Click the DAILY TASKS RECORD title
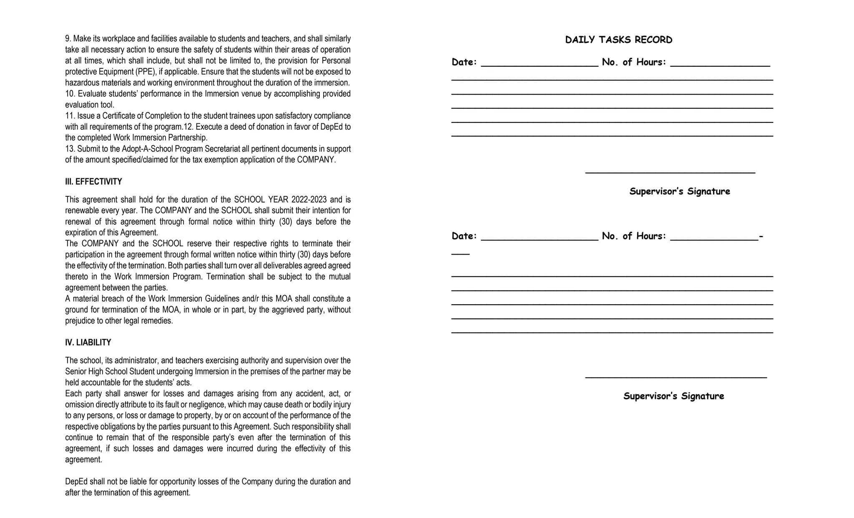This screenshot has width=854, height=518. [x=618, y=40]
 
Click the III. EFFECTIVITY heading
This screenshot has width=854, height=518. [x=93, y=182]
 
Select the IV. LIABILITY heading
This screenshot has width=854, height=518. [x=88, y=343]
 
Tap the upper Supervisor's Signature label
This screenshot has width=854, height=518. [x=679, y=191]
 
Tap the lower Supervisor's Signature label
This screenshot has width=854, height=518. [x=673, y=396]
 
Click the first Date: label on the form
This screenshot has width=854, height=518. [x=464, y=63]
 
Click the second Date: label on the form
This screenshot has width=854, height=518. [x=464, y=236]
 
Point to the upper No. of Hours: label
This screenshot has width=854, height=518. [x=634, y=63]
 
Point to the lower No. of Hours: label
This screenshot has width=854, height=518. [x=634, y=236]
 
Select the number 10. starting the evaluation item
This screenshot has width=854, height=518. [x=70, y=94]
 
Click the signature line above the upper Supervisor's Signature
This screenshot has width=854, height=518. [x=670, y=172]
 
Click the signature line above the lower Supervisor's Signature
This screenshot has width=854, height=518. [x=676, y=377]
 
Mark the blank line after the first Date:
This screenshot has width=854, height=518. [x=539, y=66]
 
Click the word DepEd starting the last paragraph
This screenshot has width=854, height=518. [x=76, y=482]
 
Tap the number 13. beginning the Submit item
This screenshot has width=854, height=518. [x=70, y=149]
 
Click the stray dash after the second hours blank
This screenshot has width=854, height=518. [x=761, y=236]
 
